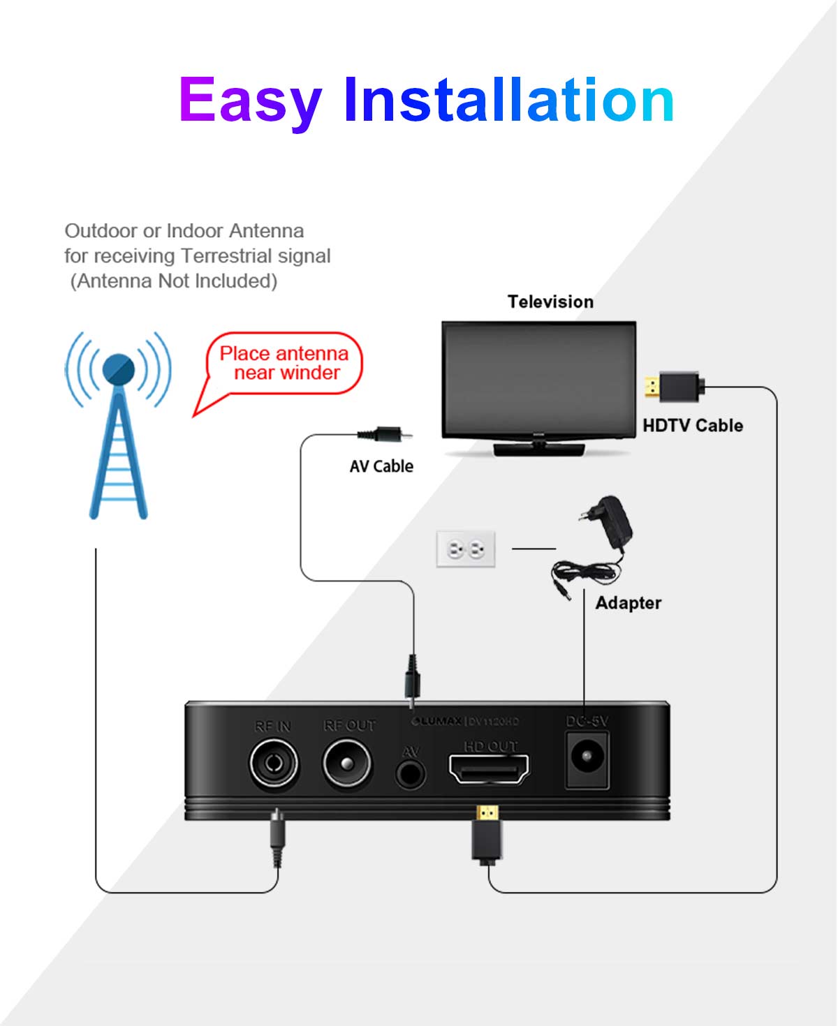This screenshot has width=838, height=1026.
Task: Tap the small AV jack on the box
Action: (410, 773)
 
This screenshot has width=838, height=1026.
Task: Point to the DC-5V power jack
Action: (587, 759)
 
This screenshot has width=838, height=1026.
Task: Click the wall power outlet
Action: (466, 549)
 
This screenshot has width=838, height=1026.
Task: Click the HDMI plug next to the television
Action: (673, 387)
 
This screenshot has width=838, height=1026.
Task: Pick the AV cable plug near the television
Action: (384, 435)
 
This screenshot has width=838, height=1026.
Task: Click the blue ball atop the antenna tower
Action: (118, 369)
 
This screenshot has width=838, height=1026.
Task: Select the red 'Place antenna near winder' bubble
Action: (285, 364)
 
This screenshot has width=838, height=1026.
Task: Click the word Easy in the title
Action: (250, 101)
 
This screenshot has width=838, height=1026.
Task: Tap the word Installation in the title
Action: (508, 101)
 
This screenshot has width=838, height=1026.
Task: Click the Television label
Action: (550, 302)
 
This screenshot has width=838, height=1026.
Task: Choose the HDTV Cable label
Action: (692, 425)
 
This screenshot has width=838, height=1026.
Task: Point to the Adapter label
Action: (628, 603)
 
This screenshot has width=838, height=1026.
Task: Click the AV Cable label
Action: (381, 466)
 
